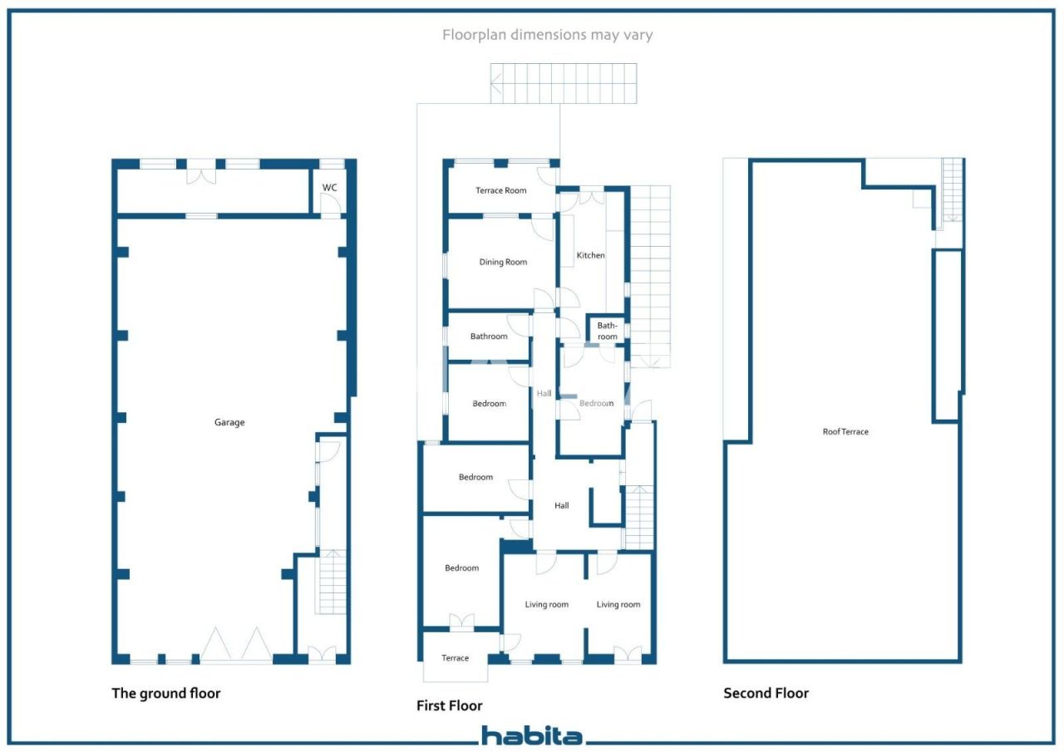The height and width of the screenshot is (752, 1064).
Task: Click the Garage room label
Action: click(x=229, y=422)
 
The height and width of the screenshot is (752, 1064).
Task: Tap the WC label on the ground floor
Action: click(x=330, y=188)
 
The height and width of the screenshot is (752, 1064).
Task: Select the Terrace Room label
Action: click(x=500, y=190)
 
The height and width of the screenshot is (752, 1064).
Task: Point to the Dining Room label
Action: click(x=503, y=263)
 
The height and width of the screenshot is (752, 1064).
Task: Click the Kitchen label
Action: click(x=591, y=255)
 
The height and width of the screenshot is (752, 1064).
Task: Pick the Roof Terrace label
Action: click(x=845, y=432)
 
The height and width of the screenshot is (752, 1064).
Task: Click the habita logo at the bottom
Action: click(x=532, y=735)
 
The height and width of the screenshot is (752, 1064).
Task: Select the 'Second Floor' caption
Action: click(x=766, y=693)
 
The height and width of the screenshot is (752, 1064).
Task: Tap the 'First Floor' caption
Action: click(x=449, y=705)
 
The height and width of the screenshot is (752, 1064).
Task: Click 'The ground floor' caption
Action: click(x=166, y=693)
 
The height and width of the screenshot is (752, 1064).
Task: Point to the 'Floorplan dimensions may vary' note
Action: click(x=547, y=35)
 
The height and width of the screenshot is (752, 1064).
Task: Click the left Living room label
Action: click(x=546, y=604)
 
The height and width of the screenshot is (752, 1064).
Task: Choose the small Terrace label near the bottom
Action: click(x=455, y=658)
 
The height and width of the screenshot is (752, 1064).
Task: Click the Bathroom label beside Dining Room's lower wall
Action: click(x=488, y=337)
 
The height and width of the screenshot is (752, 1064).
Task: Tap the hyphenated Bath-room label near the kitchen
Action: click(x=608, y=331)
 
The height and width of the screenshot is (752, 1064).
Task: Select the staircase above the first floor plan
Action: click(x=564, y=83)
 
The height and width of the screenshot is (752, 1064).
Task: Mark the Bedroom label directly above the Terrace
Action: click(x=461, y=568)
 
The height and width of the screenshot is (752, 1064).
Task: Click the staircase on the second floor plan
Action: click(x=952, y=190)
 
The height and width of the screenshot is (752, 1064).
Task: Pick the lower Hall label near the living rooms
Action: click(x=562, y=505)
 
